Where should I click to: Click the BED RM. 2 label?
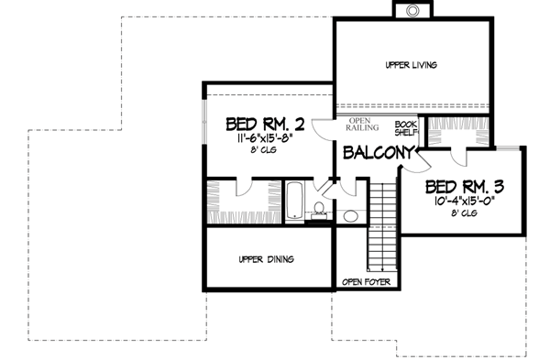(265, 123)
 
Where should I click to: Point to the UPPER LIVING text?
(410, 65)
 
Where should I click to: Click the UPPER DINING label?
(266, 259)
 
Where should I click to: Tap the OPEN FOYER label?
(366, 281)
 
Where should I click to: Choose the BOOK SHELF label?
(405, 127)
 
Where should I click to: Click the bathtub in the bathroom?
(295, 202)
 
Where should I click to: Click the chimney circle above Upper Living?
(411, 10)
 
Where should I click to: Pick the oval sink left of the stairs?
(350, 217)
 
